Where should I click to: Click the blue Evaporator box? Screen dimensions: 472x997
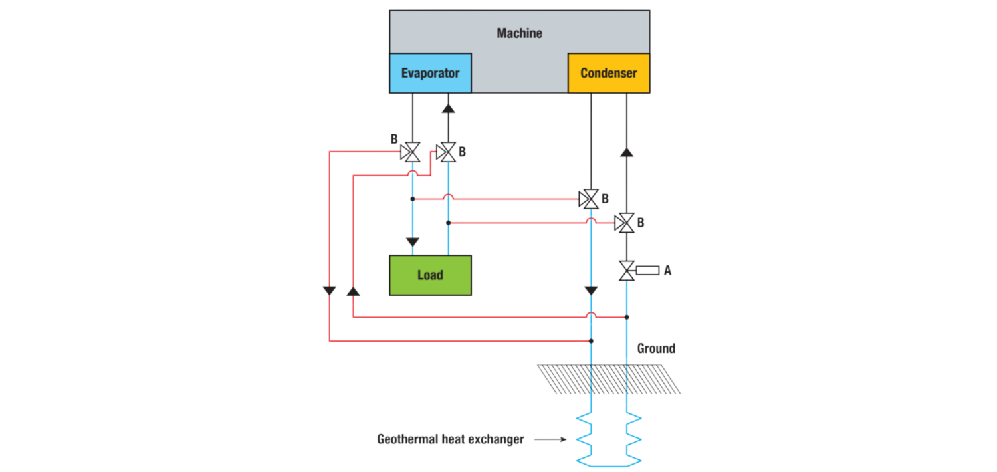click(x=430, y=73)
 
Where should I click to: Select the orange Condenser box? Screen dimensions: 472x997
click(x=608, y=73)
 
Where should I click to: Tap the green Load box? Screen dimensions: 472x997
click(x=430, y=275)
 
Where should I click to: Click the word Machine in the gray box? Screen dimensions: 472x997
click(x=519, y=33)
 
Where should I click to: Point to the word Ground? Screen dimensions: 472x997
click(x=656, y=348)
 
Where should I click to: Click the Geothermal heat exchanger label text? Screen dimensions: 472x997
click(x=450, y=439)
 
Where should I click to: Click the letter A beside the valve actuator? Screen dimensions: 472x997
click(x=668, y=271)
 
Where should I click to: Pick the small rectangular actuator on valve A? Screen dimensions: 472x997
click(x=647, y=271)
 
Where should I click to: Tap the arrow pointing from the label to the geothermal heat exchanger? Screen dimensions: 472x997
click(x=550, y=439)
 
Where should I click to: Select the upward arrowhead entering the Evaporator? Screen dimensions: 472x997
click(x=448, y=107)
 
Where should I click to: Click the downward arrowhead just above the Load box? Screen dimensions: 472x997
click(x=412, y=241)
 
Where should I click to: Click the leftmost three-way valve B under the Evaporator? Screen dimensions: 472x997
click(x=412, y=152)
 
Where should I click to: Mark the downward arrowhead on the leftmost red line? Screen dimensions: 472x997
click(x=330, y=291)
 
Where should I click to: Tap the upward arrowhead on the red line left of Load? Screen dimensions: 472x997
click(x=353, y=291)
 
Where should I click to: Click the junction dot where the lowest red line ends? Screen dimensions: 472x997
click(x=591, y=341)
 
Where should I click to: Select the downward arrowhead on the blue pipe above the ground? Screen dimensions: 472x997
click(x=591, y=291)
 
